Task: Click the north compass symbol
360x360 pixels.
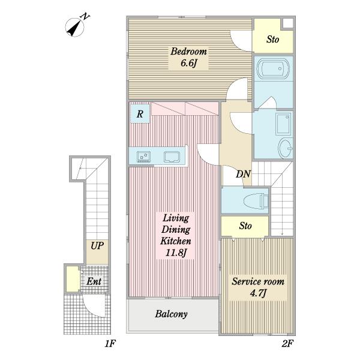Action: [x=75, y=27]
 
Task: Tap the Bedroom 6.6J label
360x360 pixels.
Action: [x=188, y=57]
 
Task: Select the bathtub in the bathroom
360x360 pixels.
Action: [x=273, y=68]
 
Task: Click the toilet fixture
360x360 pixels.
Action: [x=256, y=201]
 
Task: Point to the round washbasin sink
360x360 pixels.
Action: [x=285, y=148]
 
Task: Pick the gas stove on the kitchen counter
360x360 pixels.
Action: [x=144, y=157]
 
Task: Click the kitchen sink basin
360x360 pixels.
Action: [x=172, y=157]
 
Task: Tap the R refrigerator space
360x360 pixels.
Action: [x=140, y=113]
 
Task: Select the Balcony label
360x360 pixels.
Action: [x=171, y=314]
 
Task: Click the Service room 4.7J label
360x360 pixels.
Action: [x=258, y=287]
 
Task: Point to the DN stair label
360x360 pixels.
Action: [x=243, y=174]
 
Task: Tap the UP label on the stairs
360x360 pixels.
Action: [x=97, y=245]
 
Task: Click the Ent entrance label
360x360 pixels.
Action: [x=94, y=281]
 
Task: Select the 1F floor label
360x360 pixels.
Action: [x=110, y=344]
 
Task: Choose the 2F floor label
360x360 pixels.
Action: [x=287, y=344]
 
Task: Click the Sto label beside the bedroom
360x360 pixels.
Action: [x=273, y=39]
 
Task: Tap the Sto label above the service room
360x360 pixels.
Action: [x=245, y=226]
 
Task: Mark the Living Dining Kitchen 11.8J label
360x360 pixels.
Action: [x=176, y=235]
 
